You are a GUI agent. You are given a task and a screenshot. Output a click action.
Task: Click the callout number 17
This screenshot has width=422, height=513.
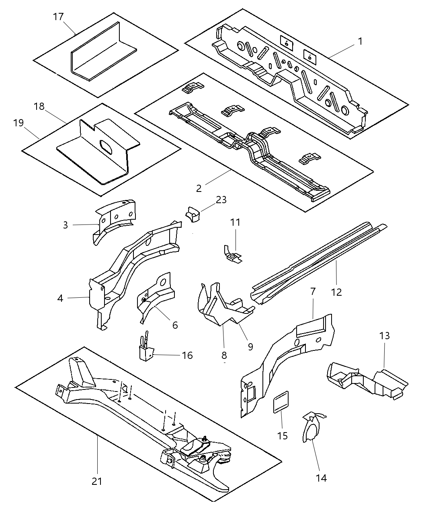tap(58, 17)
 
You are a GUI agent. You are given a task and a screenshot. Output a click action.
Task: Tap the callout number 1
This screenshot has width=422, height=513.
tap(360, 41)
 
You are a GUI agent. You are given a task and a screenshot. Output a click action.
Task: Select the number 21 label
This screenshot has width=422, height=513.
tap(97, 481)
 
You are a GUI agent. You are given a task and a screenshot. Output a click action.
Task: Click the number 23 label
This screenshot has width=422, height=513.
tap(221, 200)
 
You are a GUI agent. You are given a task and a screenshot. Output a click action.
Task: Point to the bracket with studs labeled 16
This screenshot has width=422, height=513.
tap(146, 350)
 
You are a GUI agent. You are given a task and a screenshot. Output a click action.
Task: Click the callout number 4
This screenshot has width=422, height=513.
tap(60, 298)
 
